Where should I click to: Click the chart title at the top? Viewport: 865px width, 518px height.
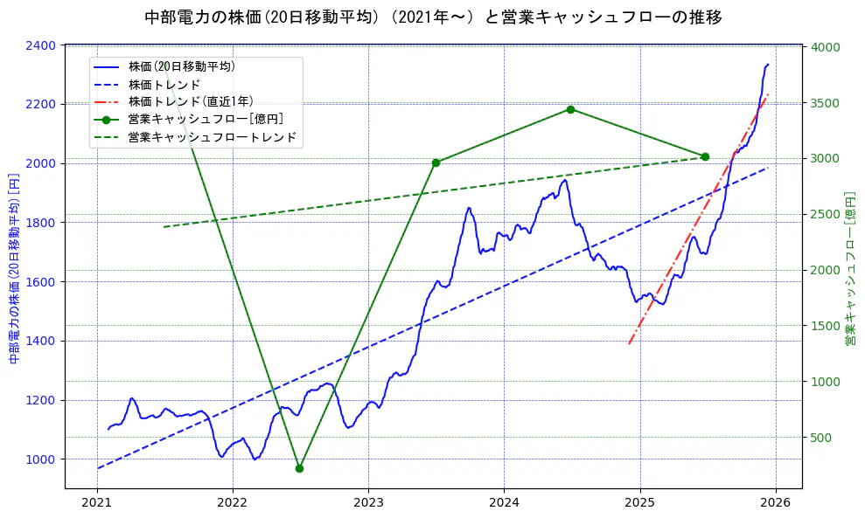point(432,17)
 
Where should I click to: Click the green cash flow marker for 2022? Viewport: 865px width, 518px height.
point(299,468)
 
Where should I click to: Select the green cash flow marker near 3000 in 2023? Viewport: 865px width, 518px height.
point(436,162)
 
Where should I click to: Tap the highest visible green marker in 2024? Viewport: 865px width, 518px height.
point(570,109)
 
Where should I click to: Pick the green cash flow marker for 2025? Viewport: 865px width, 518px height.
point(705,156)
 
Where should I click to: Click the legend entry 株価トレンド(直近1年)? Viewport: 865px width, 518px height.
point(191,101)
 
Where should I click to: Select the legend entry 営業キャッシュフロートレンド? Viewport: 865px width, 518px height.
point(212,137)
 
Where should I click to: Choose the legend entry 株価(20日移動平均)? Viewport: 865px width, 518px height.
point(181,66)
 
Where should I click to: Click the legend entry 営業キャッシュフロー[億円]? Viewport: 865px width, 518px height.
point(205,119)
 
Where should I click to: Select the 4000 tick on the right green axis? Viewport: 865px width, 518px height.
point(826,47)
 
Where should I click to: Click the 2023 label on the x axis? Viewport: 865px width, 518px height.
point(368,504)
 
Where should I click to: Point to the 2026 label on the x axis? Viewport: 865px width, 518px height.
point(775,504)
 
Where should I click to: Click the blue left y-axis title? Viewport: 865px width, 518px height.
point(14,266)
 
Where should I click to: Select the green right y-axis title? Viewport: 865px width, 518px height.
point(850,266)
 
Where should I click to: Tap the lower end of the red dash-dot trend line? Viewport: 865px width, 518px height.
point(629,343)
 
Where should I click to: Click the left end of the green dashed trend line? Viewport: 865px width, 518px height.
point(164,227)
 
